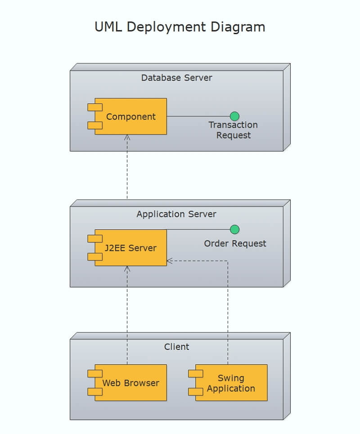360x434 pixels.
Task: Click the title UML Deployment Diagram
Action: coord(180,27)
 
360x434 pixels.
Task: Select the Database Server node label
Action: coord(176,77)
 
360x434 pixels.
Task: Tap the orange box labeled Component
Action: coord(131,116)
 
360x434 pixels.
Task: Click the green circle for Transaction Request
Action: coord(234,116)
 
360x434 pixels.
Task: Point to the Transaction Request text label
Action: coord(233,130)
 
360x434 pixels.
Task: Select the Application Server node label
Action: coord(176,214)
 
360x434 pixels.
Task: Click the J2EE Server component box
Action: coord(131,248)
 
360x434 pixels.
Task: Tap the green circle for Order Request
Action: coord(234,229)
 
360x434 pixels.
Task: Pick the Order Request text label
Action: coord(235,244)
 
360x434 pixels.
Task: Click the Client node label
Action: coord(176,347)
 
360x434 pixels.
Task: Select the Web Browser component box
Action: coord(131,383)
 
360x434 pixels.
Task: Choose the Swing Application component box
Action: coord(231,383)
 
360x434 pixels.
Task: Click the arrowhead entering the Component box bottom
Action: coord(127,137)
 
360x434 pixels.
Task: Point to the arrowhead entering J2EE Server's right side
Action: coord(170,261)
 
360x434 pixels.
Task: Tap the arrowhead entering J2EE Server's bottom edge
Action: coord(127,268)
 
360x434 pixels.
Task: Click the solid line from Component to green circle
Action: coord(198,116)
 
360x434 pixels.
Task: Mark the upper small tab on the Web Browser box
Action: coord(95,374)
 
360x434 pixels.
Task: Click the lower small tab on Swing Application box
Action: coord(195,392)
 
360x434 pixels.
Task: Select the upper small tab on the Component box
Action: coord(95,107)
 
